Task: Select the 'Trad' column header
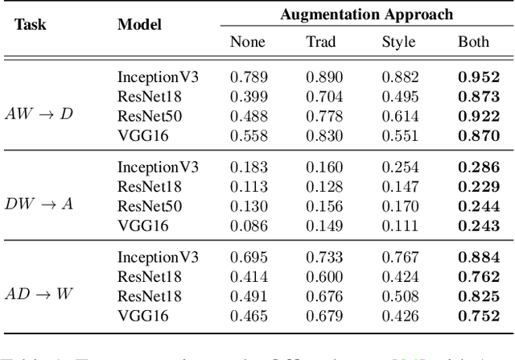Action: click(x=321, y=42)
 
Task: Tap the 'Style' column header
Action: click(x=398, y=42)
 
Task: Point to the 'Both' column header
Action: click(x=473, y=42)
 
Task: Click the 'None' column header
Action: click(x=247, y=42)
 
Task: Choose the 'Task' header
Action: click(x=31, y=24)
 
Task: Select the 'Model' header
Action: click(x=139, y=24)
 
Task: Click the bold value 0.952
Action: click(x=473, y=77)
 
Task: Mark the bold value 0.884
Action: click(x=473, y=258)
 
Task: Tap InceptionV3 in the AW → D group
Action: click(x=158, y=77)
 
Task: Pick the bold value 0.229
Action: click(x=473, y=187)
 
